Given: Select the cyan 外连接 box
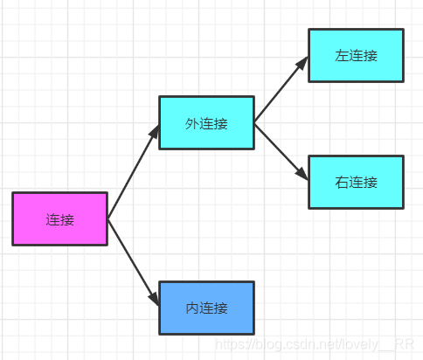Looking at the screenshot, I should click(x=206, y=123).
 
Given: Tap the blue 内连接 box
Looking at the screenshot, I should click(x=206, y=308).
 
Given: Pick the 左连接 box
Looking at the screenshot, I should click(x=356, y=55).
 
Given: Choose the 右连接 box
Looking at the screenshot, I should click(x=356, y=182).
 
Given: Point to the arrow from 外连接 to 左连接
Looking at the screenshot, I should click(x=280, y=90).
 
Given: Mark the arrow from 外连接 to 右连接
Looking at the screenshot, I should click(x=280, y=150).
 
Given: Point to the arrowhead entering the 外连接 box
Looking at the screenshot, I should click(x=155, y=130).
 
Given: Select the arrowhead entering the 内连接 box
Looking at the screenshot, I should click(x=154, y=300).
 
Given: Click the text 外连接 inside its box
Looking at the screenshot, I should click(x=206, y=124).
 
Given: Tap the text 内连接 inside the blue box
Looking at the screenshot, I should click(x=206, y=308).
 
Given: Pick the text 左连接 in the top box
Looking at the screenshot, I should click(x=356, y=56).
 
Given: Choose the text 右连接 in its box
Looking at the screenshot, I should click(x=356, y=183).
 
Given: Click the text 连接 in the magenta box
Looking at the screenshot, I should click(x=59, y=219).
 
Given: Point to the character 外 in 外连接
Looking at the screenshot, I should click(x=192, y=124).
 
